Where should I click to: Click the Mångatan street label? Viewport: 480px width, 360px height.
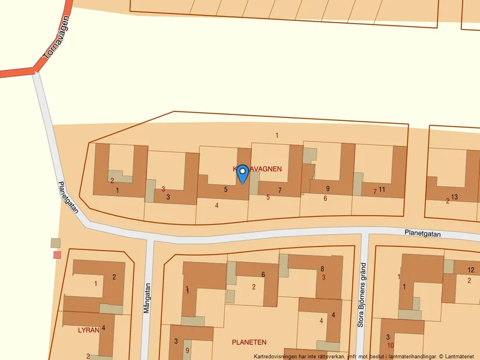click(x=147, y=298)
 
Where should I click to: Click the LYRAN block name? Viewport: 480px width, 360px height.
click(x=88, y=329)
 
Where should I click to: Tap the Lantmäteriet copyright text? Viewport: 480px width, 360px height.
click(x=364, y=356)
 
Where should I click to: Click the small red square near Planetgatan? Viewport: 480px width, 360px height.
click(x=57, y=255)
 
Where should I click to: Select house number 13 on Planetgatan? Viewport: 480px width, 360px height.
click(x=454, y=197)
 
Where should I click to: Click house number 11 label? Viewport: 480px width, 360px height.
click(x=382, y=189)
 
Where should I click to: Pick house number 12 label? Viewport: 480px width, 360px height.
click(x=471, y=270)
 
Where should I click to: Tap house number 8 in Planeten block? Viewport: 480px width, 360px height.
click(x=322, y=269)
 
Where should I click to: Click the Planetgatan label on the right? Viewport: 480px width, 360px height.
click(x=423, y=233)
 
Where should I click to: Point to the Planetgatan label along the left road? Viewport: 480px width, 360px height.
click(x=68, y=197)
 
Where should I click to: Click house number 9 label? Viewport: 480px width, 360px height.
click(x=328, y=188)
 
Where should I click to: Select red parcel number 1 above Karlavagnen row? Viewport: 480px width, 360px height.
click(x=277, y=136)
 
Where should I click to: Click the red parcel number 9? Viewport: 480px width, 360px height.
click(x=187, y=350)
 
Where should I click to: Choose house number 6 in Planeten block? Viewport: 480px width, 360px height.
click(x=263, y=275)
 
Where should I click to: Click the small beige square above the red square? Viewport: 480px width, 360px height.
click(x=55, y=242)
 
